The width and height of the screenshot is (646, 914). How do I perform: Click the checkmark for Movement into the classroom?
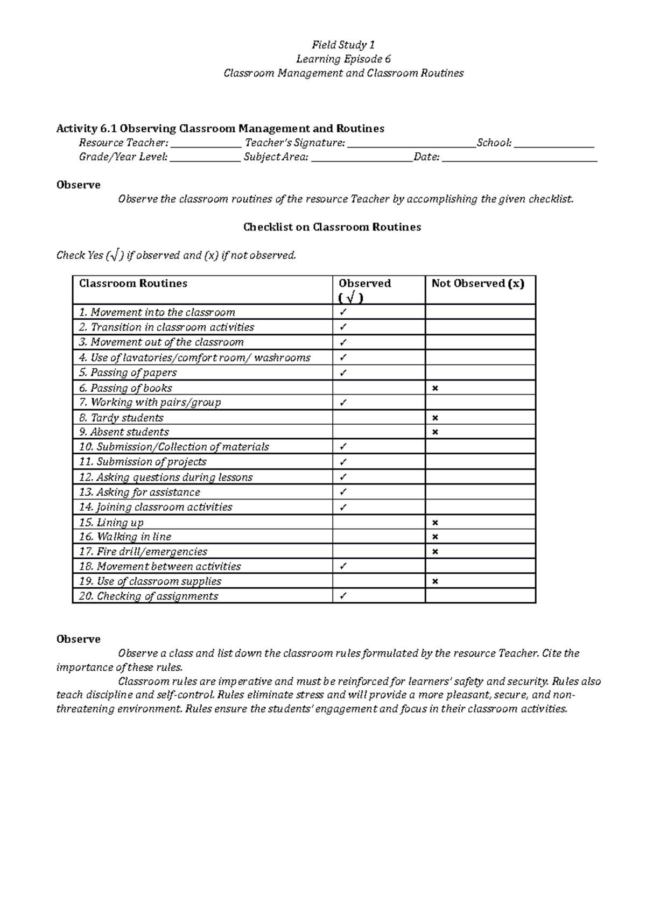[x=343, y=312]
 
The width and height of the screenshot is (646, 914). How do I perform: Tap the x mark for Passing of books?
[x=435, y=388]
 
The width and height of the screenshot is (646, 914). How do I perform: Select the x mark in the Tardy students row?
[x=435, y=418]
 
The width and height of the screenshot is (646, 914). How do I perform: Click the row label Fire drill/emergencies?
[x=152, y=552]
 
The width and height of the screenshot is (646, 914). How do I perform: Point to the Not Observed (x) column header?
[x=478, y=284]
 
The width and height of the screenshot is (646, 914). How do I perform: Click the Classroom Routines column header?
[x=133, y=284]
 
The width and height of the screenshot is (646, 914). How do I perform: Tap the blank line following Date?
[x=519, y=158]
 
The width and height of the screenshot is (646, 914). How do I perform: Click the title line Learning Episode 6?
[x=343, y=59]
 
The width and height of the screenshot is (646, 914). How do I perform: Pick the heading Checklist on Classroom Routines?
[x=332, y=227]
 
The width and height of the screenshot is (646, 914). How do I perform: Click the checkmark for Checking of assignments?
[x=343, y=596]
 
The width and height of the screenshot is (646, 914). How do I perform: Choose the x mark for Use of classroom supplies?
[x=435, y=581]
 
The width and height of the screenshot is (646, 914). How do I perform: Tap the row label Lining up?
[x=120, y=523]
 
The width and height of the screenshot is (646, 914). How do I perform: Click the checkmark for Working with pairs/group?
[x=343, y=403]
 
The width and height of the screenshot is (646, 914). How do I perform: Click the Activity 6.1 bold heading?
[x=220, y=129]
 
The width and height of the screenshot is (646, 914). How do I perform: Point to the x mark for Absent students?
[x=435, y=432]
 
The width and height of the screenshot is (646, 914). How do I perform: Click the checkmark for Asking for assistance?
[x=343, y=492]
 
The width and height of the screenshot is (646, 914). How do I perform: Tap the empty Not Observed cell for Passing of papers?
[x=480, y=372]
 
